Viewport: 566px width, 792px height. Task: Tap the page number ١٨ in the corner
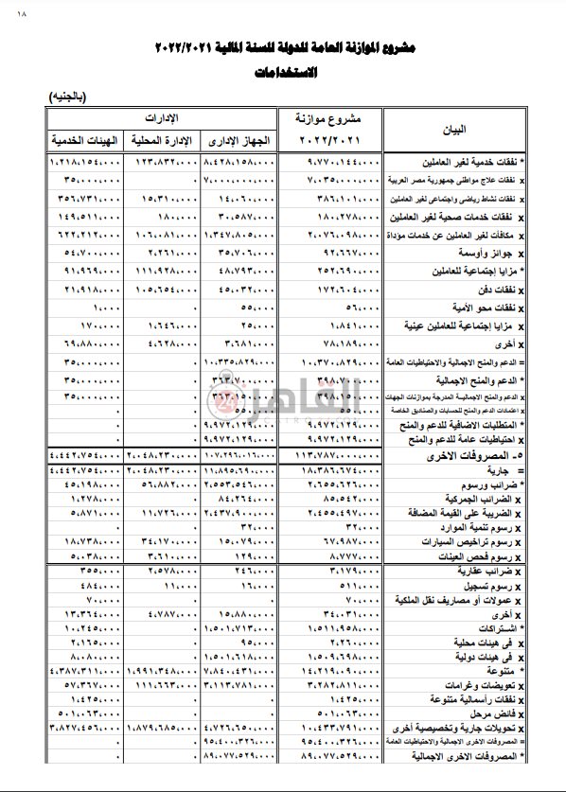(23, 13)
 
